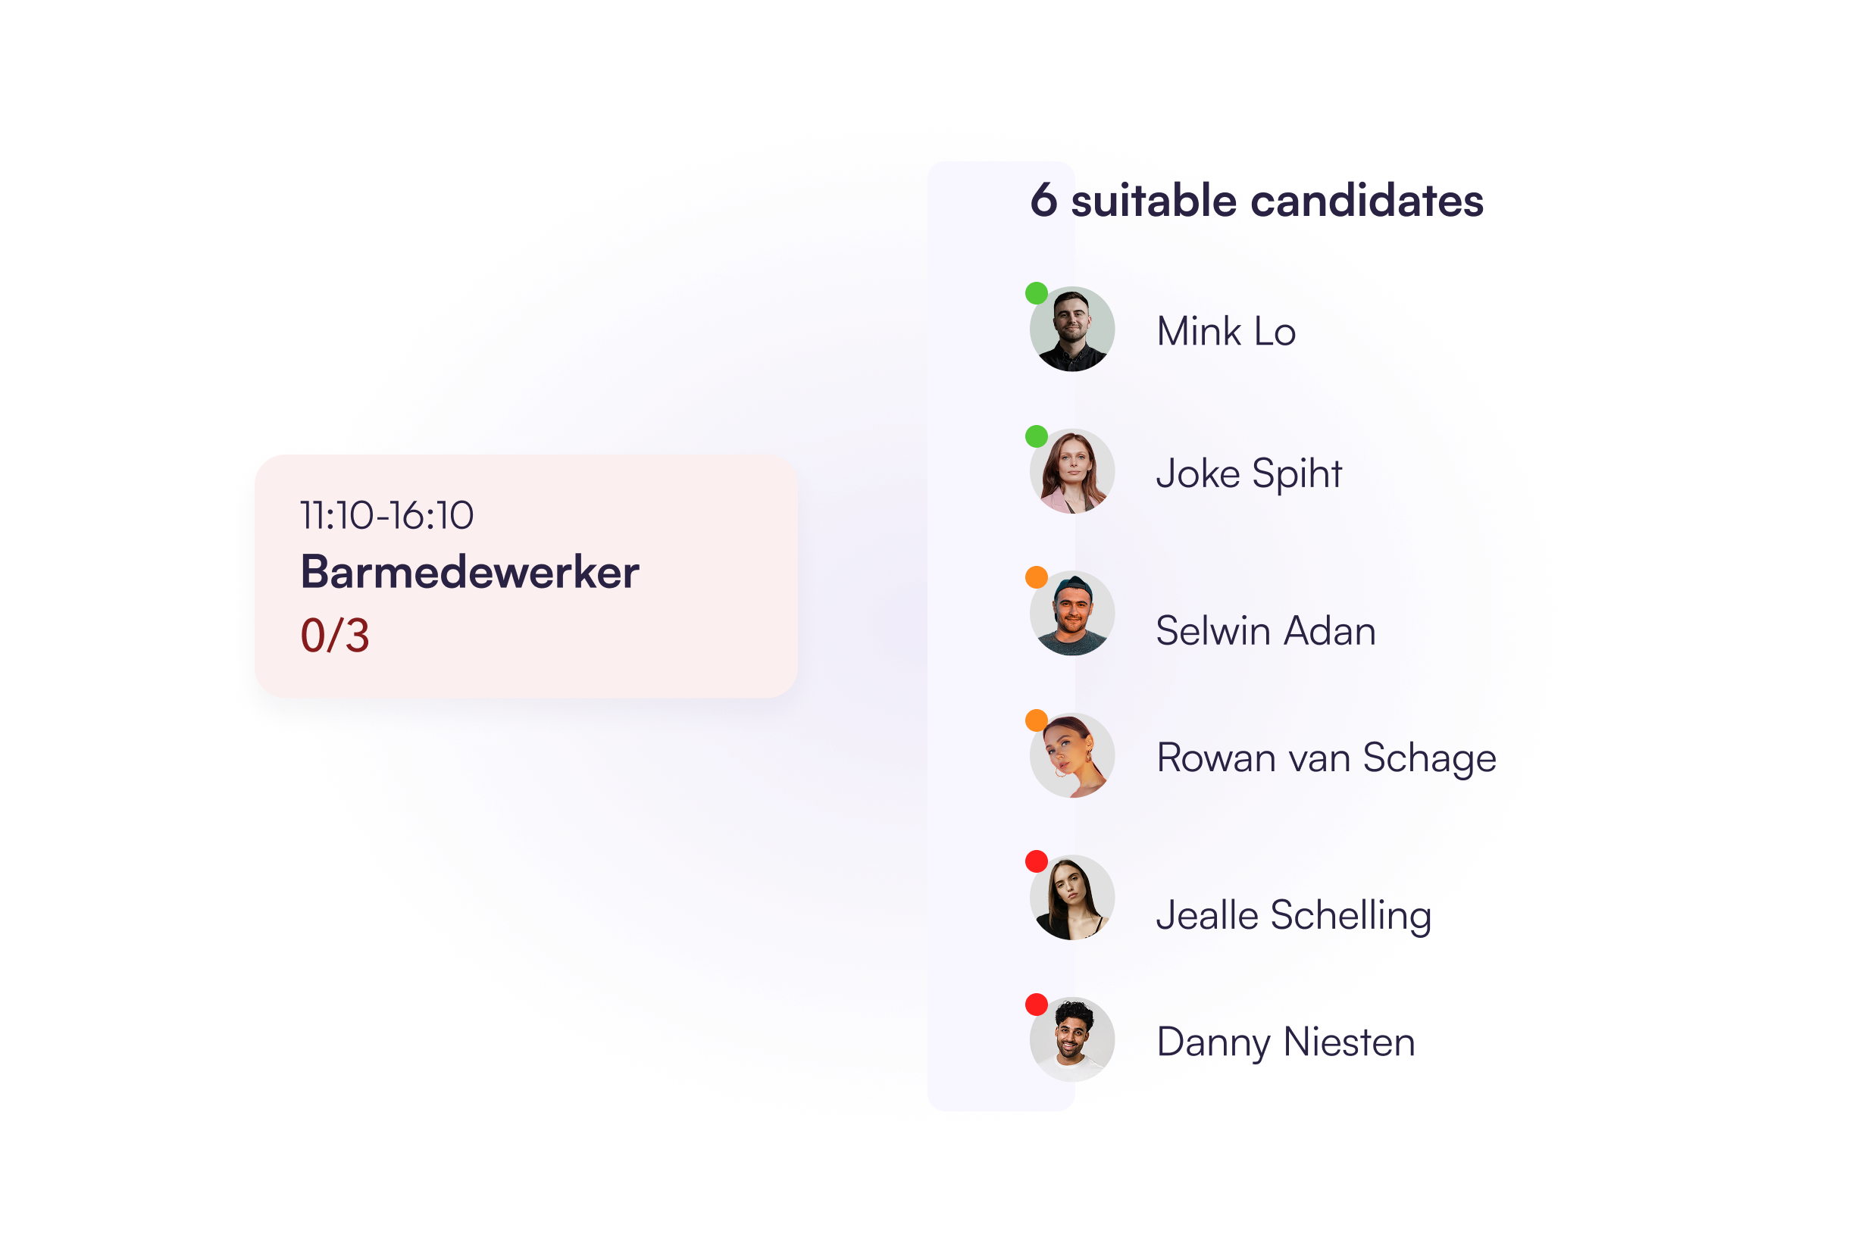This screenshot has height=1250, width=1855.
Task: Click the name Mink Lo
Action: (1225, 332)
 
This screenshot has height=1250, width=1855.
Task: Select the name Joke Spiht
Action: (1248, 473)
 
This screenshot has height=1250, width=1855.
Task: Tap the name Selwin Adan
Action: (1265, 631)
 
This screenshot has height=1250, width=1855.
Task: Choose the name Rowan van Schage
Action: (1325, 758)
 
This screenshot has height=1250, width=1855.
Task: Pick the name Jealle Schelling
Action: (1293, 914)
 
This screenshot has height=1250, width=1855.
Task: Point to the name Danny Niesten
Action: (1285, 1042)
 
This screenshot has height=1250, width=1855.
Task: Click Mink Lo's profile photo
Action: (1071, 330)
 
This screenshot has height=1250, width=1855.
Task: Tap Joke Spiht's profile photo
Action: (1071, 472)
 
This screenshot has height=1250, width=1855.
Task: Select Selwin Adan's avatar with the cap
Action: (1071, 614)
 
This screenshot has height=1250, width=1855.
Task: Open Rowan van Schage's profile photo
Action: (1071, 756)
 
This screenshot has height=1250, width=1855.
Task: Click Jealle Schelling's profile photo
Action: (1071, 898)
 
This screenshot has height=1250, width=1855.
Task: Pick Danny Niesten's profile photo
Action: (1071, 1039)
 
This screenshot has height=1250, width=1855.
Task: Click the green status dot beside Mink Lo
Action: (1037, 292)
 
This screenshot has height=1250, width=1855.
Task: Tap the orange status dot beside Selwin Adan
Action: (1037, 577)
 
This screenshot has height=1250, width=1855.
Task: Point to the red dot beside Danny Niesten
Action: (1037, 1005)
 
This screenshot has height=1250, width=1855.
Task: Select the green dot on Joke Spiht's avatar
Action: (1037, 436)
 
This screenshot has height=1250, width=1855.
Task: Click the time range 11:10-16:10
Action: (386, 515)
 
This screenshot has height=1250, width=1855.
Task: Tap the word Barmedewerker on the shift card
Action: (470, 573)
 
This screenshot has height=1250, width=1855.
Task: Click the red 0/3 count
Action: (335, 636)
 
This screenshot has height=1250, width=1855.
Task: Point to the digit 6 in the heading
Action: (1043, 199)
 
